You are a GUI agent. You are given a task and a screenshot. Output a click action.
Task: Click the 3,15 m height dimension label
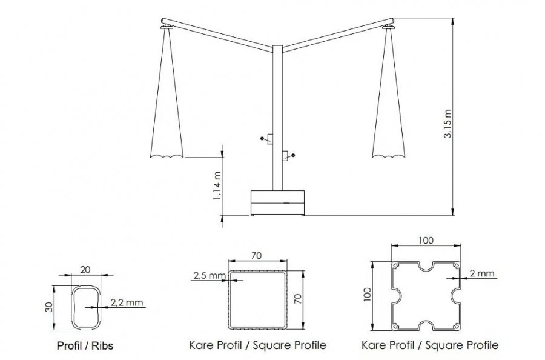coord(448,124)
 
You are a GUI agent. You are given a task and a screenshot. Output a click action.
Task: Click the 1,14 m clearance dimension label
coord(217,186)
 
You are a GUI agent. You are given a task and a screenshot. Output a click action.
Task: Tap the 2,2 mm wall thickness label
coord(127,302)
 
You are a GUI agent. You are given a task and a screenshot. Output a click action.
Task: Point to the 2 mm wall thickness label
coord(482,273)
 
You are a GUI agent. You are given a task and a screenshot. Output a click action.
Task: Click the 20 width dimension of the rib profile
coord(85,270)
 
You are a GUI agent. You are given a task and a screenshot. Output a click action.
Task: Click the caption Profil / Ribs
coord(85,345)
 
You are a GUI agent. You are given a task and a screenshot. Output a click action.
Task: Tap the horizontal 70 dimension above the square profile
coord(256,256)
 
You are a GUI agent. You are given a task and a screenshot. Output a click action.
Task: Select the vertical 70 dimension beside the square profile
coord(298,299)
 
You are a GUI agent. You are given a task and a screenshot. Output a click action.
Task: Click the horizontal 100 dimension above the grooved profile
coord(426,241)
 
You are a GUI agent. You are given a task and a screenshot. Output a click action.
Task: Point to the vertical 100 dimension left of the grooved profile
coord(369,295)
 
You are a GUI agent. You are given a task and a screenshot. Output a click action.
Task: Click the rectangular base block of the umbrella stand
coord(277,202)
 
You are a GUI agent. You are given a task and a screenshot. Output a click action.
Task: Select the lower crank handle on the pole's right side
coord(288,156)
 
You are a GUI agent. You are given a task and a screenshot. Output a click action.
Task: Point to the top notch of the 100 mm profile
coord(426,267)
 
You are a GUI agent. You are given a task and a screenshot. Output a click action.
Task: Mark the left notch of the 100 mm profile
coord(397,295)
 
